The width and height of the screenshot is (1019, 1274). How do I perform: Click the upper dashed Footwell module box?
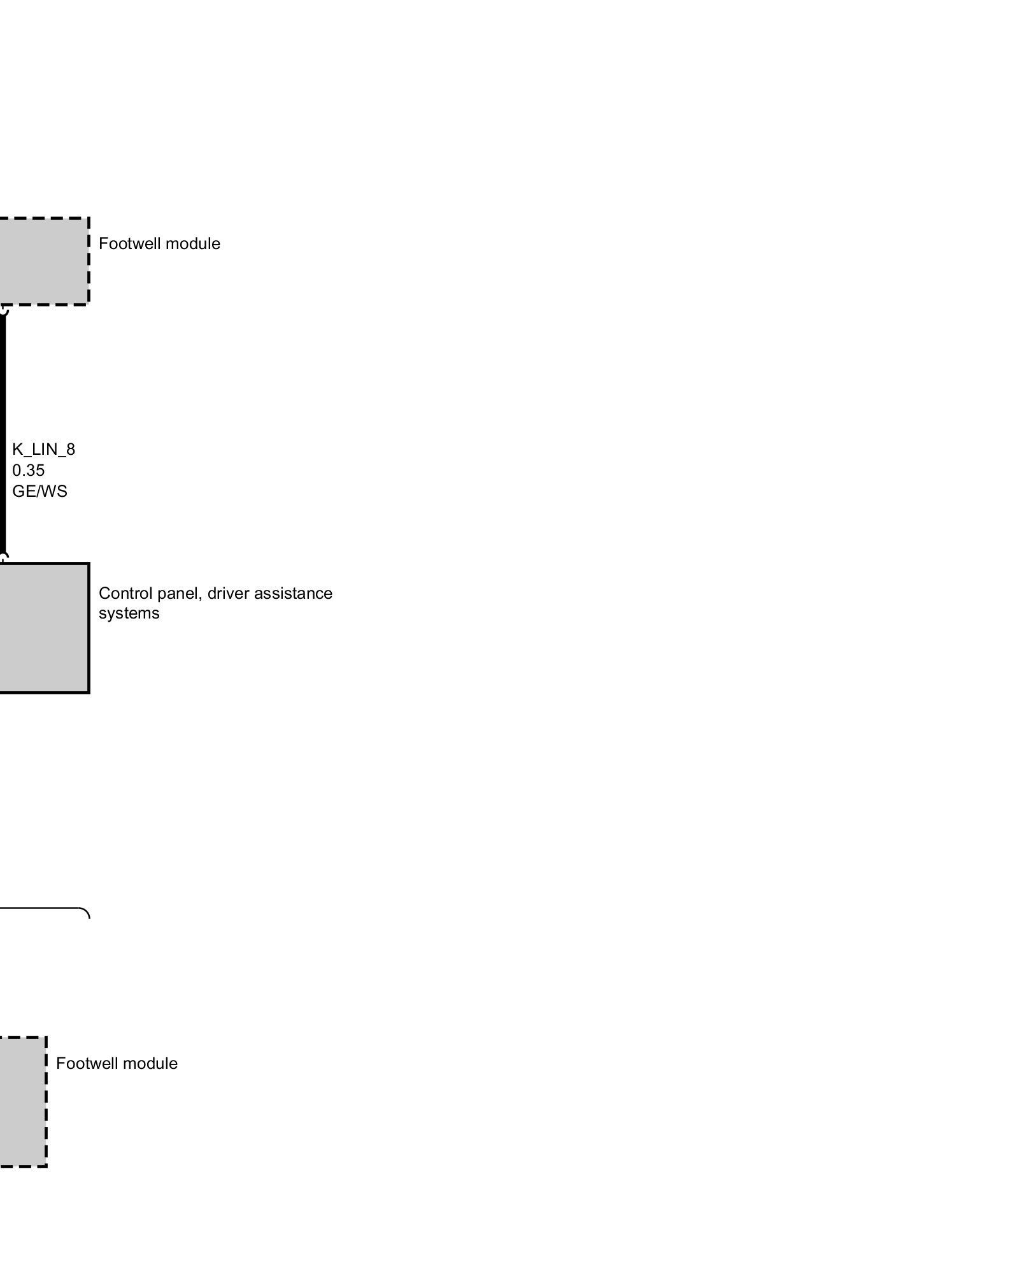click(43, 261)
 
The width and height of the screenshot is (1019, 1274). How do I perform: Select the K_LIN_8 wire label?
click(43, 450)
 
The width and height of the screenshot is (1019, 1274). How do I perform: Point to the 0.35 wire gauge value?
click(28, 471)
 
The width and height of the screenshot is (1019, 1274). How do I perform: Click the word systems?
click(129, 613)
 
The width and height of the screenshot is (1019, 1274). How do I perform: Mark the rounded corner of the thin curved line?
click(85, 911)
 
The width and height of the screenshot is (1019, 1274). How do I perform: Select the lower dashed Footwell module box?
click(22, 1101)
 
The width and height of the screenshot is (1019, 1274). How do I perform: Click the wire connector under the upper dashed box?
click(3, 310)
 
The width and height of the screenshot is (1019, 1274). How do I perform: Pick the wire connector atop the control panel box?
click(3, 559)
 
